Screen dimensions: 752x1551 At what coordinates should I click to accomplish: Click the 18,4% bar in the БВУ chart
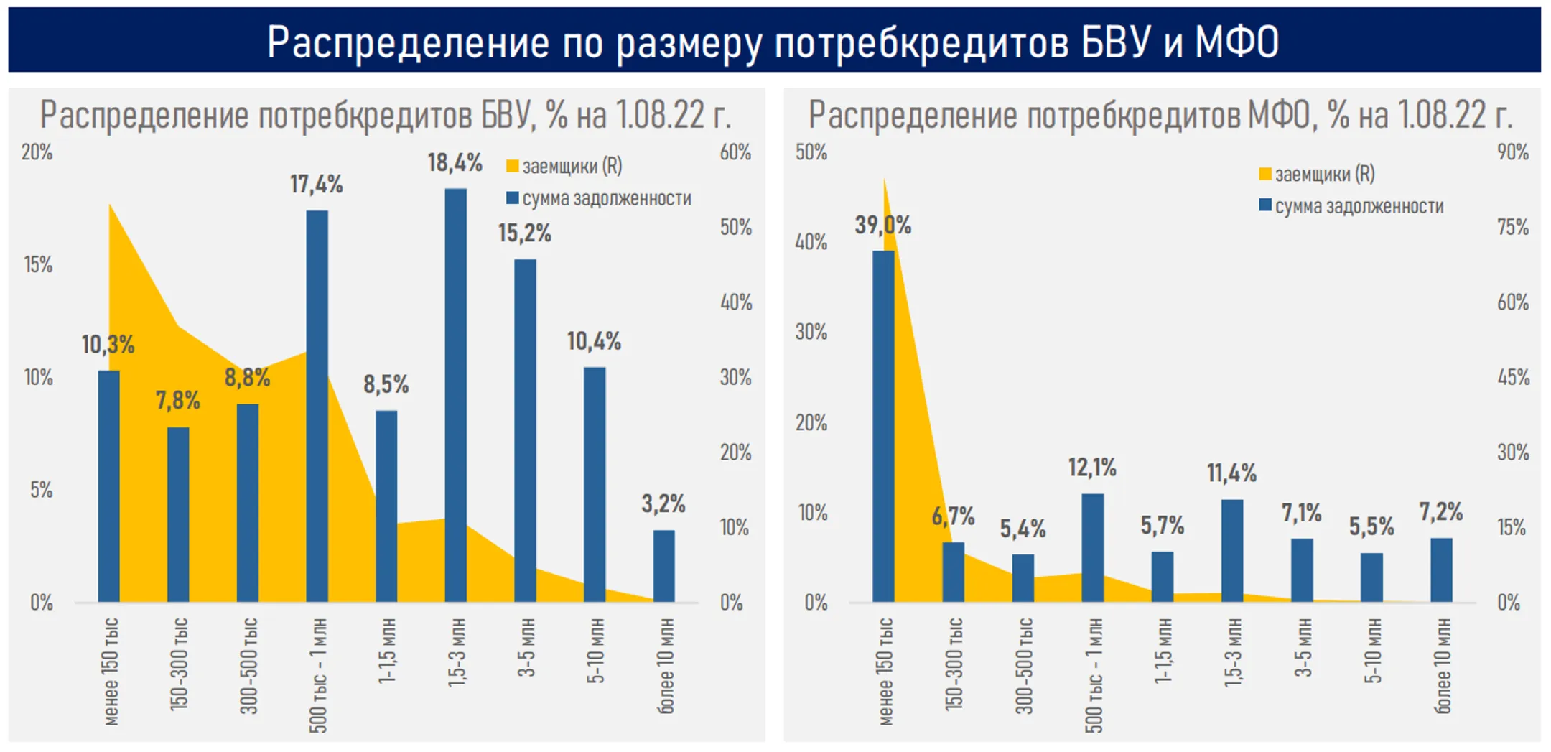[455, 395]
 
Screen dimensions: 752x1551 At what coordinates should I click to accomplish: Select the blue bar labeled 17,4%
[317, 406]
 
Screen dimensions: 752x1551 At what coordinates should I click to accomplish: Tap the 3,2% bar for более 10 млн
[663, 566]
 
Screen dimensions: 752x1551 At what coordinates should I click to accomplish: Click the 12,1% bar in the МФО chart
[1092, 547]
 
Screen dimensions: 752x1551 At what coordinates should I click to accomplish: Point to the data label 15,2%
[524, 233]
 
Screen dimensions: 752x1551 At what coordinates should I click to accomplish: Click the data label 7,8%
[177, 401]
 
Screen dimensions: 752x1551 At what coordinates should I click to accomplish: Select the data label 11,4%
[1231, 473]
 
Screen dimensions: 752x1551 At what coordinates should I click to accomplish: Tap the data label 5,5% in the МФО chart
[1371, 527]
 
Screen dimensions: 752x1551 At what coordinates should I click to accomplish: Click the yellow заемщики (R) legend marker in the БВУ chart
[512, 167]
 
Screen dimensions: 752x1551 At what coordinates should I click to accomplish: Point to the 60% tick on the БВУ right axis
[735, 152]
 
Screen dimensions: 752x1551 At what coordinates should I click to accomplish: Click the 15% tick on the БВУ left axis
[38, 265]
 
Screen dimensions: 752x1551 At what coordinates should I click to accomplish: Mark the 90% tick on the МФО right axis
[1512, 152]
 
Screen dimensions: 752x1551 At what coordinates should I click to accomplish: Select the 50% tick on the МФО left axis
[811, 152]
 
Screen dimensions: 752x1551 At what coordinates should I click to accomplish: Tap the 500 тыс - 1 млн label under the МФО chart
[1093, 675]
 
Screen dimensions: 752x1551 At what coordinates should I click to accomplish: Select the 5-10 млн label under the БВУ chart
[595, 651]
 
